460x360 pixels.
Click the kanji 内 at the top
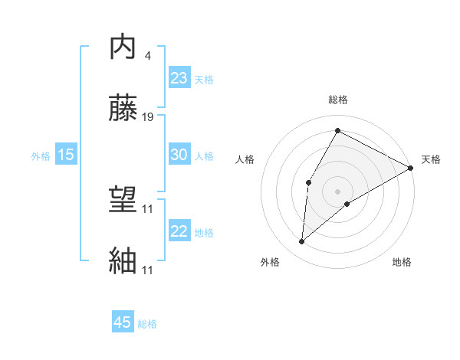[x=123, y=48]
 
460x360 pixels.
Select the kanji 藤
[x=123, y=109]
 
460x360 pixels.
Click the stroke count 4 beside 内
[x=147, y=56]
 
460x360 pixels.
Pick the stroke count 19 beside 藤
[x=149, y=117]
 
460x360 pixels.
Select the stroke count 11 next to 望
[x=149, y=208]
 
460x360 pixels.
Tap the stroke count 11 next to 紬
[x=149, y=270]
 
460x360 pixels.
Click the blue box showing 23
[x=179, y=78]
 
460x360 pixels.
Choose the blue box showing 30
[x=179, y=154]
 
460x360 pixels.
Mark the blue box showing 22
[x=179, y=231]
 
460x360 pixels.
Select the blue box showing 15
[x=66, y=155]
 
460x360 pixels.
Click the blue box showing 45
[x=123, y=322]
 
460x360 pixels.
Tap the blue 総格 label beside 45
[x=147, y=324]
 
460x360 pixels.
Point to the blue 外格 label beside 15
[x=41, y=156]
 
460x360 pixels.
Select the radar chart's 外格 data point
[x=302, y=242]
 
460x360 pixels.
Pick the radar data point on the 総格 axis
[x=337, y=131]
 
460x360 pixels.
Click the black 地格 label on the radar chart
[x=402, y=263]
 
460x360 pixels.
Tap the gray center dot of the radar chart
[x=337, y=191]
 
